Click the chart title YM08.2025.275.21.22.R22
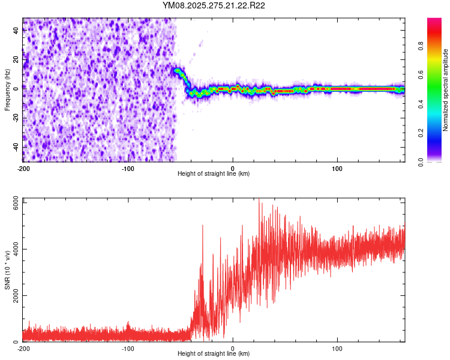coord(214,5)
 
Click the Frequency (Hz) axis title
coord(7,90)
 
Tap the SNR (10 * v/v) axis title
coord(7,271)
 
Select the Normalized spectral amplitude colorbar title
coord(446,90)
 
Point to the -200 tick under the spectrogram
coord(23,167)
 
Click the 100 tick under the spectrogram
coord(337,167)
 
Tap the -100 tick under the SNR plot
coord(128,348)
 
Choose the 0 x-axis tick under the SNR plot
coord(233,348)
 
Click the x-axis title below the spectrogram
coord(214,173)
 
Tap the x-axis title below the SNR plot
coord(214,354)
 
